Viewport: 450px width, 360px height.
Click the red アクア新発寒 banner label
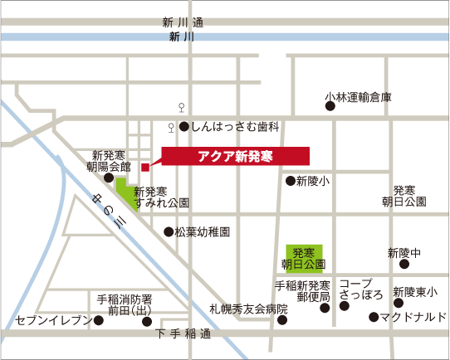pos(236,156)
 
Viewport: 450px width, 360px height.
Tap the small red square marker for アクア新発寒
pos(145,167)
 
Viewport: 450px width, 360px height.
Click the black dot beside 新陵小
pos(290,181)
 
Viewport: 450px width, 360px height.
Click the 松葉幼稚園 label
pos(203,232)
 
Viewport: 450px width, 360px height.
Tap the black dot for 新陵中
pos(404,265)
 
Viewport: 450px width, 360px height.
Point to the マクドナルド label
pos(413,317)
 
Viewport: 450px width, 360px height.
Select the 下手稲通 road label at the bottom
pos(183,334)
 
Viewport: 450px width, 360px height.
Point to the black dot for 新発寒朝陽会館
pos(109,177)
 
